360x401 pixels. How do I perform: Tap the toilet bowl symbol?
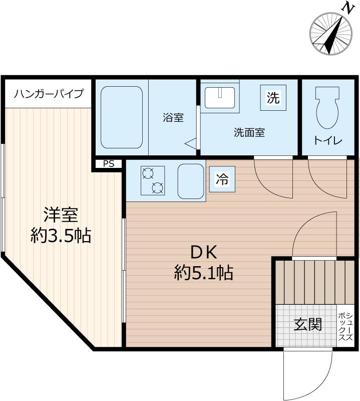tap(327, 108)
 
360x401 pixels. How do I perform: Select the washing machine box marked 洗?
tap(273, 98)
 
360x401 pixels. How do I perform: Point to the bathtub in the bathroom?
tap(122, 118)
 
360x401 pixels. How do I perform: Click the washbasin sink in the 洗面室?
tap(221, 97)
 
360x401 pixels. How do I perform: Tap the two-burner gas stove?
tap(153, 181)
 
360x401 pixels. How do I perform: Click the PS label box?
tap(109, 163)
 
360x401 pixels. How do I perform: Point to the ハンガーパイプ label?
tap(49, 94)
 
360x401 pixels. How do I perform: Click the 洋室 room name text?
tap(61, 216)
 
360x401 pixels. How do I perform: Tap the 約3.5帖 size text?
tap(61, 236)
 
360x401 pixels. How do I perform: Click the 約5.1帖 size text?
tap(204, 273)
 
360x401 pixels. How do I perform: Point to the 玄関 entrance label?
tap(307, 325)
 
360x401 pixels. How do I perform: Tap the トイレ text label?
tap(328, 141)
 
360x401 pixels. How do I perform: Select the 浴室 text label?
tap(173, 118)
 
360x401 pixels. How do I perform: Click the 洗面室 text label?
tap(249, 133)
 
